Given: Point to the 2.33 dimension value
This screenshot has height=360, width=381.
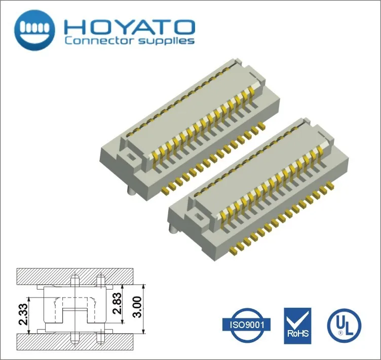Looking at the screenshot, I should [x=23, y=315].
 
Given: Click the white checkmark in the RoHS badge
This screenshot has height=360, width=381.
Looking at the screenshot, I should [x=297, y=318].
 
